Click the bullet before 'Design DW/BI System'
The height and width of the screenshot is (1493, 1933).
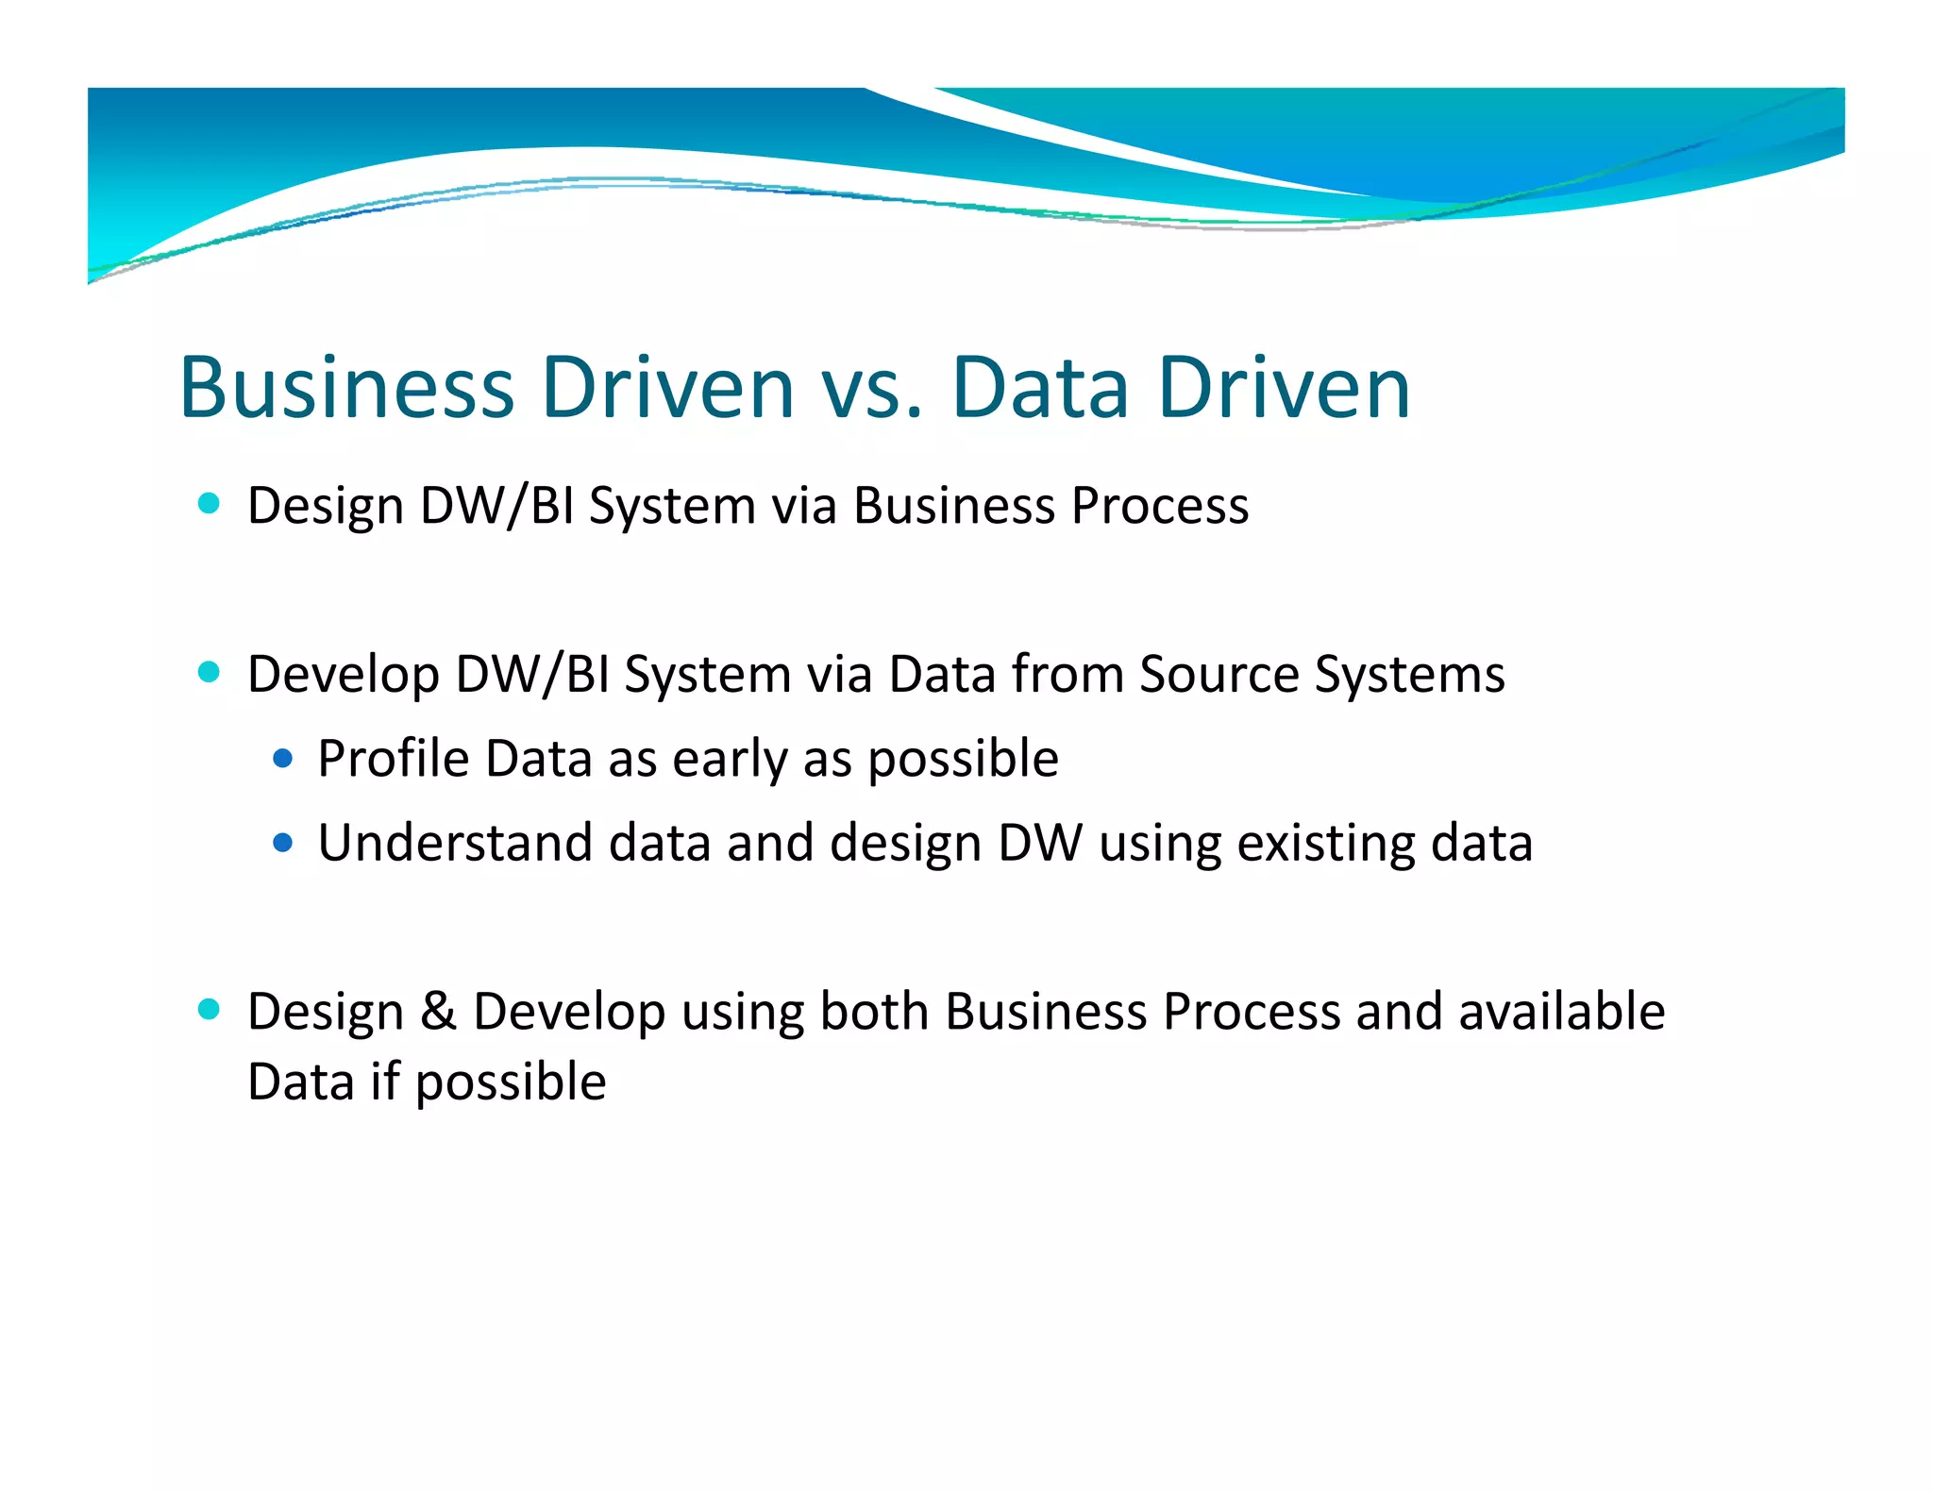(x=209, y=503)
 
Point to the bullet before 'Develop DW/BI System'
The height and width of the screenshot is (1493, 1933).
(x=209, y=672)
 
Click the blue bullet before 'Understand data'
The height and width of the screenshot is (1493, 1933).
(x=282, y=841)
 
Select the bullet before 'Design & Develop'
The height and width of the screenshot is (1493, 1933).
(x=209, y=1009)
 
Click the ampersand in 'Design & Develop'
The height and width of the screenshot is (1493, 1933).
(x=438, y=1011)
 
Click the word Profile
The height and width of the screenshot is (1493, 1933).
(x=393, y=758)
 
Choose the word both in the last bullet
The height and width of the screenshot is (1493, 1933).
(x=874, y=1011)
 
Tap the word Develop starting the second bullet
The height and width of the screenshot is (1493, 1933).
(x=344, y=676)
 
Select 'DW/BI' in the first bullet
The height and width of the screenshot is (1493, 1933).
(x=497, y=506)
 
